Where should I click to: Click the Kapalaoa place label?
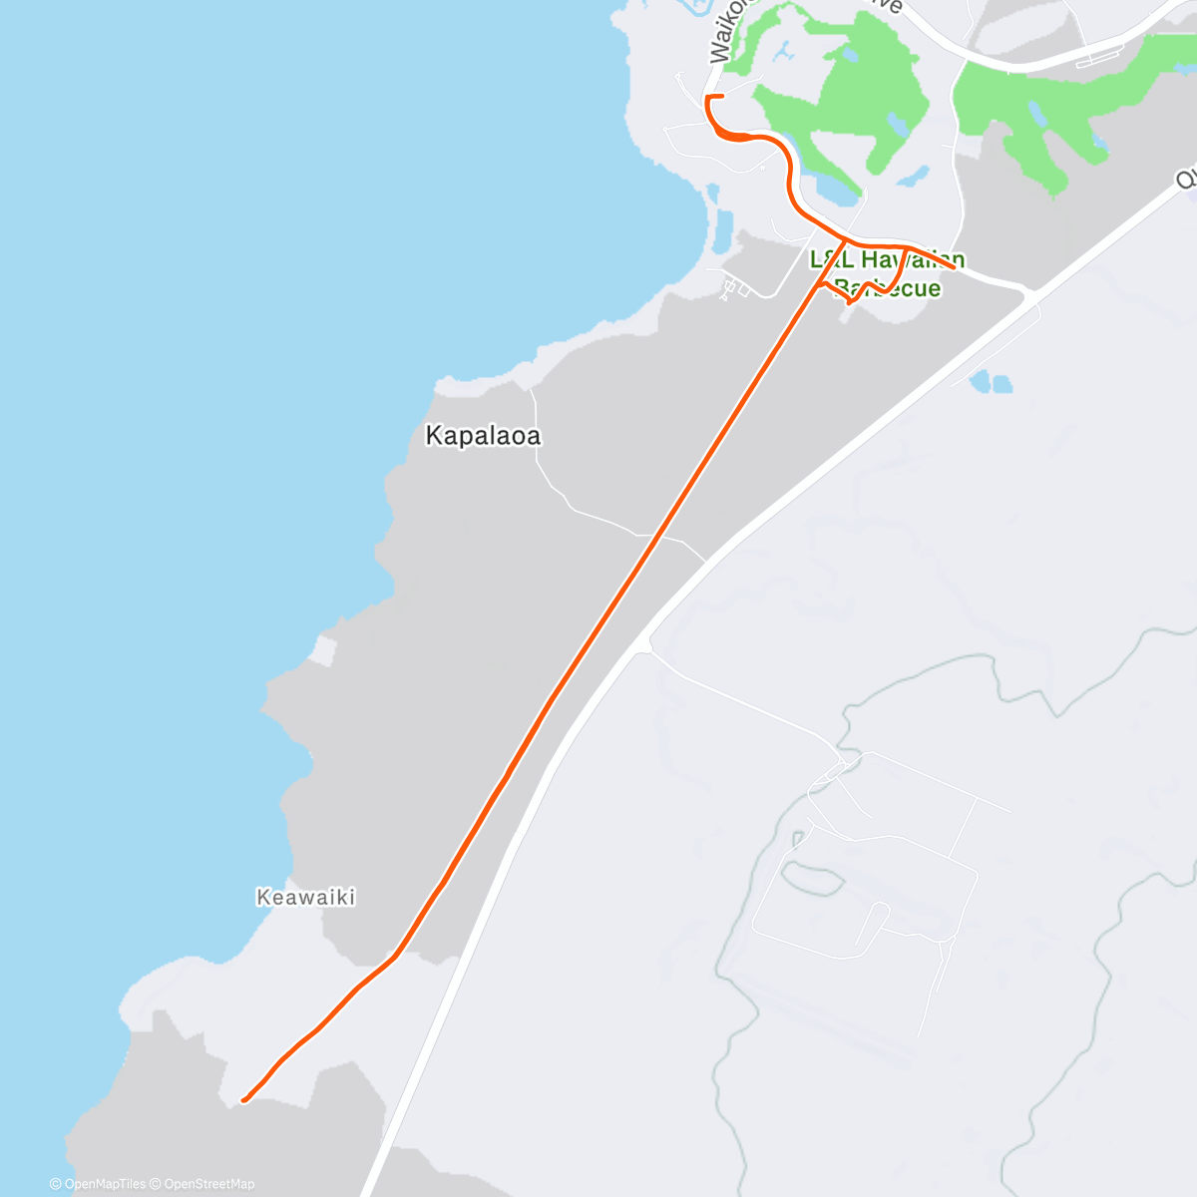(483, 436)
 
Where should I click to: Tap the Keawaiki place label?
(306, 897)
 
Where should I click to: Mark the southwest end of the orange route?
(244, 1100)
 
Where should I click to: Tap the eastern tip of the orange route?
(963, 266)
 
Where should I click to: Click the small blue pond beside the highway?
(989, 381)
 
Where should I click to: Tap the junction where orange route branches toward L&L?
(845, 242)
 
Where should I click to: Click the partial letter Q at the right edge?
(1187, 178)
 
